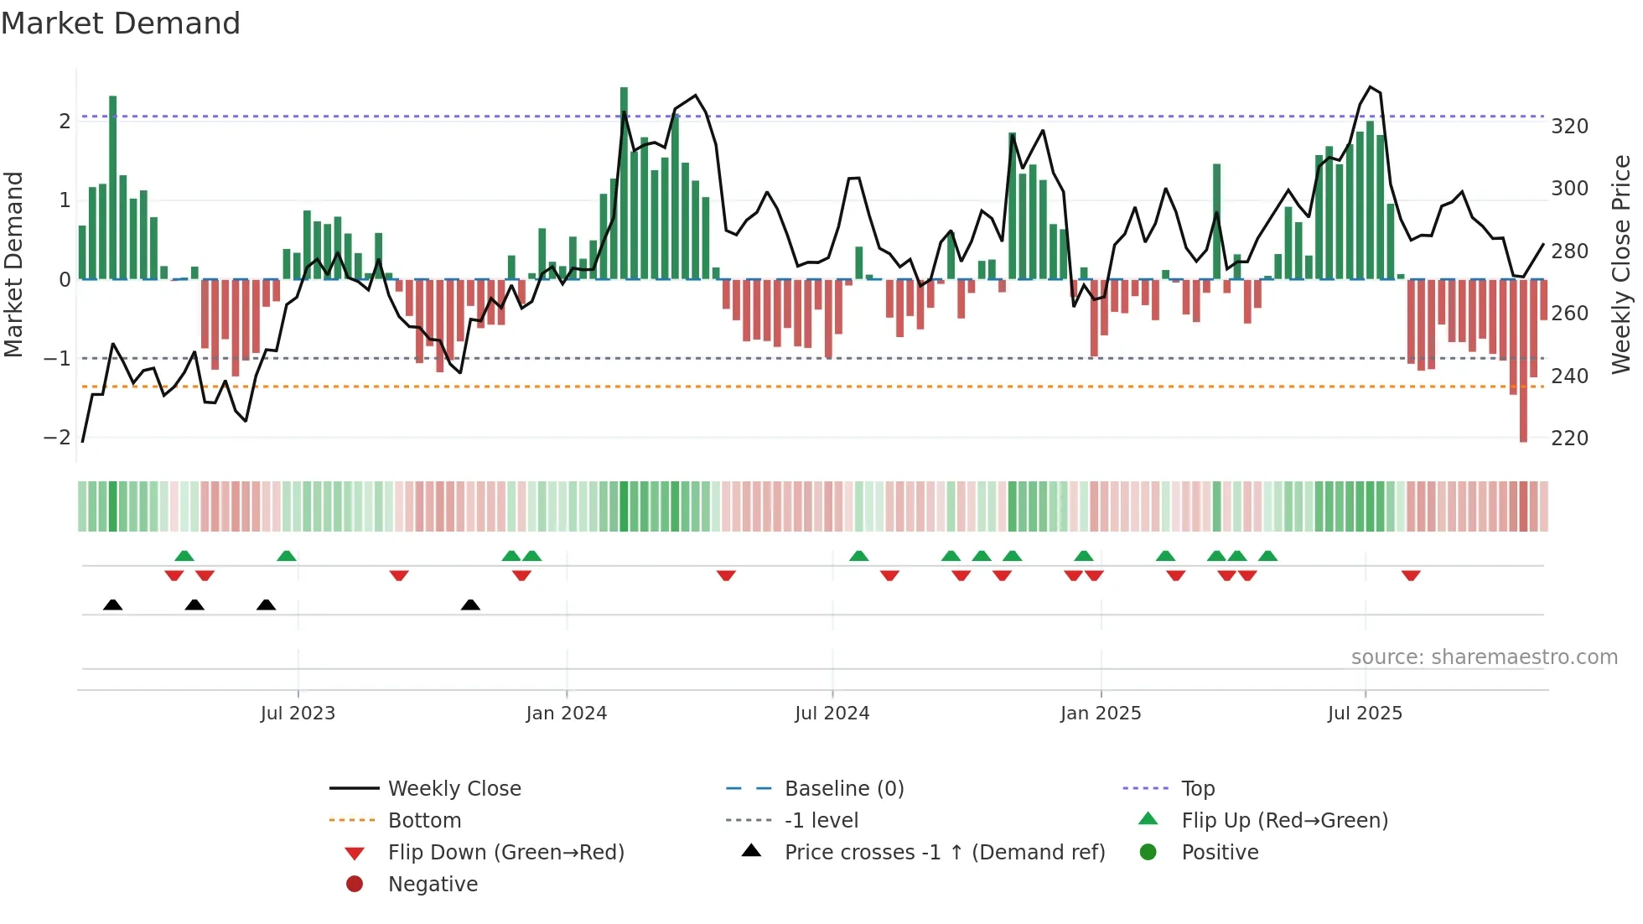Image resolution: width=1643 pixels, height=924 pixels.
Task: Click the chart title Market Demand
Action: click(x=121, y=23)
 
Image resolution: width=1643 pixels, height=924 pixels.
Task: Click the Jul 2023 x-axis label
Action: click(x=298, y=714)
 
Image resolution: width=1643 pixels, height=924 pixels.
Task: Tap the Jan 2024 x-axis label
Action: click(x=567, y=714)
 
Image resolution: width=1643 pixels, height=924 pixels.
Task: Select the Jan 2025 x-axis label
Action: click(x=1101, y=714)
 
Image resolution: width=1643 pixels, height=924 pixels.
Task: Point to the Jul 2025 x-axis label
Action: click(x=1365, y=714)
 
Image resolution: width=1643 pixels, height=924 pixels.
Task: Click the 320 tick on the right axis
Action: click(x=1569, y=127)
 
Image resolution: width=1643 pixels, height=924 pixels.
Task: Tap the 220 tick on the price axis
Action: click(x=1569, y=439)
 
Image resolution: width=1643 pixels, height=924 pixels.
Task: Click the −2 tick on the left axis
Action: click(x=57, y=438)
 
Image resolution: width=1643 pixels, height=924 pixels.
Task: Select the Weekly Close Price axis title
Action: click(x=1621, y=264)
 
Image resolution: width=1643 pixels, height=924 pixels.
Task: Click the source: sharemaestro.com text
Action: click(x=1484, y=657)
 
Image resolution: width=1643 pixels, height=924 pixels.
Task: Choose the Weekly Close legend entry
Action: click(x=454, y=789)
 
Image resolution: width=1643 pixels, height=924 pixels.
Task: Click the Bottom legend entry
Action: click(x=424, y=821)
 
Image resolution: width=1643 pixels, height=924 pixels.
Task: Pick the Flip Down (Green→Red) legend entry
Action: click(x=505, y=853)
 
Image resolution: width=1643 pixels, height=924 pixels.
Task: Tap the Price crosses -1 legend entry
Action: click(x=944, y=853)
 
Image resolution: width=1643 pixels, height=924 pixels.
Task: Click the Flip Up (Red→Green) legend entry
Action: click(x=1284, y=821)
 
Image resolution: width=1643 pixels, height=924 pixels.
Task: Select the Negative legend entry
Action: click(x=433, y=885)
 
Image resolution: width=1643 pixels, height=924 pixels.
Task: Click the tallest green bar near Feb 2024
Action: click(x=624, y=184)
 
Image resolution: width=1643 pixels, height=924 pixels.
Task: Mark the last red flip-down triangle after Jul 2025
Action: click(x=1411, y=575)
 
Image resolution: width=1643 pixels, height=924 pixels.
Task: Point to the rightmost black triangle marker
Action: click(x=470, y=605)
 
